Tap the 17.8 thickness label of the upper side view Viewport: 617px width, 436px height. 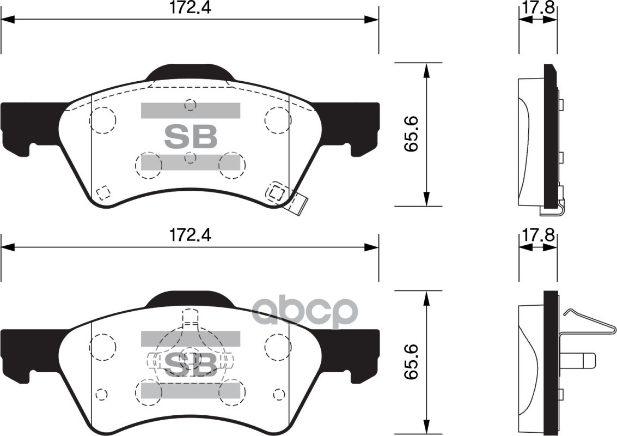point(537,8)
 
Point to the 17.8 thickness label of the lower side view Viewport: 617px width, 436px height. point(537,235)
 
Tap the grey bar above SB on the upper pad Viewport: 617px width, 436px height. point(191,111)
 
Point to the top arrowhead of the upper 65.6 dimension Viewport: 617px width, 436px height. point(426,68)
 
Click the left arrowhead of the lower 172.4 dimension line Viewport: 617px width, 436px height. point(7,248)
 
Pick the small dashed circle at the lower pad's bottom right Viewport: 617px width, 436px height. point(279,393)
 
